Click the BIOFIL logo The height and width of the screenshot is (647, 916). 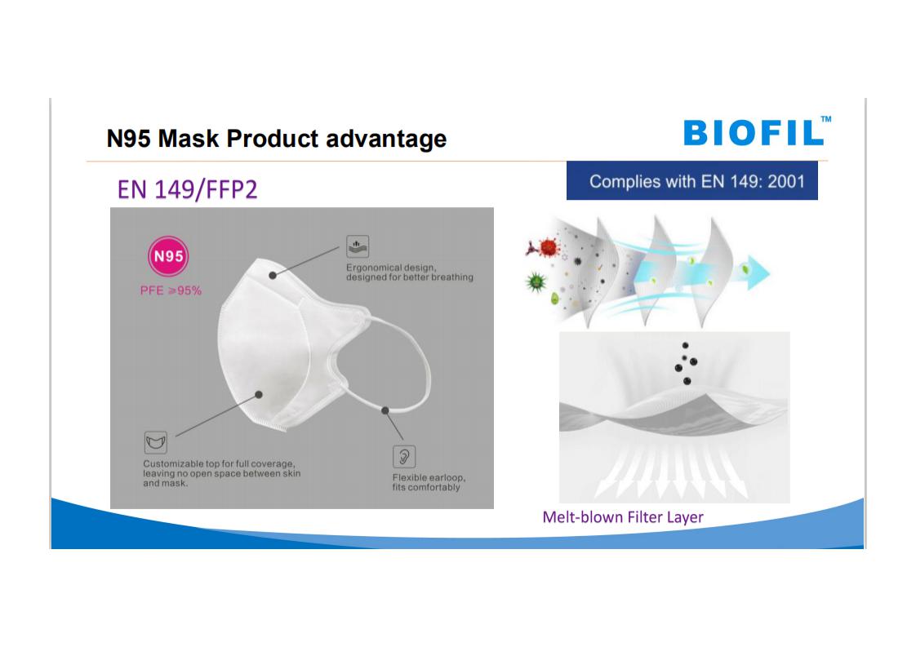click(x=757, y=131)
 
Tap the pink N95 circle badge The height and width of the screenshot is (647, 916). click(x=168, y=255)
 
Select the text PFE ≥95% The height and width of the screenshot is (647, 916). click(x=171, y=290)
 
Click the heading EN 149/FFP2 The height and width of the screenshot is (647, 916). click(x=187, y=189)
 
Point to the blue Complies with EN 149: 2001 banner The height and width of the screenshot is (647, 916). click(x=691, y=181)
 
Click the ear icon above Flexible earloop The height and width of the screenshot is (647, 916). click(x=403, y=456)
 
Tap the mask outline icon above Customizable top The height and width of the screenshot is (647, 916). click(x=155, y=442)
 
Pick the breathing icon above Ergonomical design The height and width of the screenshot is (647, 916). click(x=358, y=246)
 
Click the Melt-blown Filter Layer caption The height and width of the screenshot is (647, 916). click(x=623, y=516)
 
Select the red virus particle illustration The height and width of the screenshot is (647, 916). click(x=548, y=247)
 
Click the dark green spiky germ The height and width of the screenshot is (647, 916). click(x=536, y=282)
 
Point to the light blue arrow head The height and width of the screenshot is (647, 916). click(x=758, y=273)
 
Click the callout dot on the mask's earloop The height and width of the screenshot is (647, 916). click(x=385, y=410)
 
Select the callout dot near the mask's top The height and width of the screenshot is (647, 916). click(x=273, y=275)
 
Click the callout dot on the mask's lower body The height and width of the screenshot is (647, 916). click(x=259, y=395)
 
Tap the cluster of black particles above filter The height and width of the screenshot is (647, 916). click(x=686, y=364)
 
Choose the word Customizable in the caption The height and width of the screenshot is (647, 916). click(x=173, y=463)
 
